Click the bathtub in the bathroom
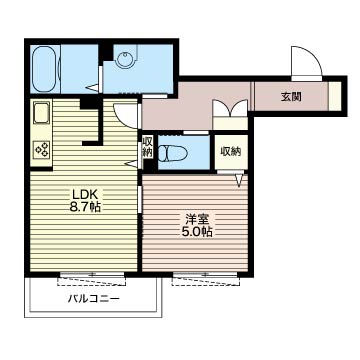(44, 69)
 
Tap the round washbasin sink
(126, 56)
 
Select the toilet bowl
(173, 154)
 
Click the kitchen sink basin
(41, 113)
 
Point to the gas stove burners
(42, 150)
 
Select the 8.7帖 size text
(85, 207)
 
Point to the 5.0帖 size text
(196, 231)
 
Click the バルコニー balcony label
(94, 298)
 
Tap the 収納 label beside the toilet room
(147, 147)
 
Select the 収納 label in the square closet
(231, 152)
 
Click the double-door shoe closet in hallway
(230, 114)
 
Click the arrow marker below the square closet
(240, 181)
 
